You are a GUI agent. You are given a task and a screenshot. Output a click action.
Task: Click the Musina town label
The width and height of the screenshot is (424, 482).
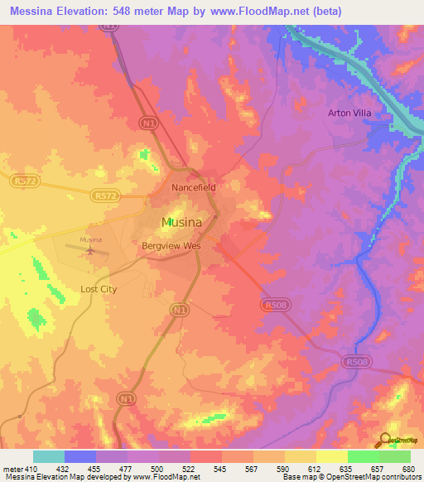click(181, 222)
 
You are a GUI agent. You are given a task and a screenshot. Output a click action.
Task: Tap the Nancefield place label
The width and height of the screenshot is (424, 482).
click(194, 188)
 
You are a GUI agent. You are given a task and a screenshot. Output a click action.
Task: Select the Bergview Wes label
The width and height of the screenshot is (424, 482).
click(171, 247)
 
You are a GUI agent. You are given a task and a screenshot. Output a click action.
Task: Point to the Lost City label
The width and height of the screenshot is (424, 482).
click(99, 289)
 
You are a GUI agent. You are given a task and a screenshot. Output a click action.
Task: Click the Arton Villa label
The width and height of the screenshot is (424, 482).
click(348, 113)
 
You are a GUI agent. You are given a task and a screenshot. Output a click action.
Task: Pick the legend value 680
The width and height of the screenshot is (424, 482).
click(406, 468)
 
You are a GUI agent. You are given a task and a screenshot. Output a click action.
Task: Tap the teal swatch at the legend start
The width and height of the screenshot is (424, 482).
click(49, 456)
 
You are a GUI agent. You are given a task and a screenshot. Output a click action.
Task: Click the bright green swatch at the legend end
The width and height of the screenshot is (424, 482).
click(394, 456)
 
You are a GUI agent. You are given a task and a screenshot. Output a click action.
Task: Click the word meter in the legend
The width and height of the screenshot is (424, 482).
click(12, 468)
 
